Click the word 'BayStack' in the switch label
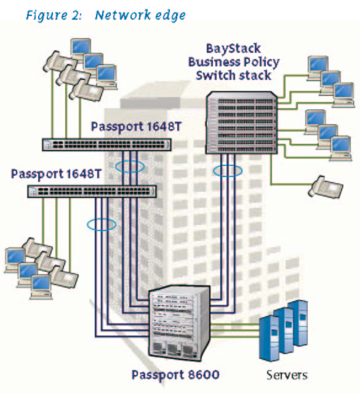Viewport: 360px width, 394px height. pyautogui.click(x=233, y=49)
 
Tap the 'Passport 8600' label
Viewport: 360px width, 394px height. pyautogui.click(x=175, y=375)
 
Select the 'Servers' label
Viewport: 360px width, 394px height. pyautogui.click(x=287, y=375)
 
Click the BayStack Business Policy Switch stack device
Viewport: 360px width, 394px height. pyautogui.click(x=242, y=122)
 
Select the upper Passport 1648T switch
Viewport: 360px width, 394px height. pyautogui.click(x=106, y=144)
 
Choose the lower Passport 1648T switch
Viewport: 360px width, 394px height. pyautogui.click(x=92, y=192)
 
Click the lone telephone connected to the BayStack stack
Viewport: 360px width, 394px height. pyautogui.click(x=326, y=187)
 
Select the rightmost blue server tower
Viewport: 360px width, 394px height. pyautogui.click(x=298, y=323)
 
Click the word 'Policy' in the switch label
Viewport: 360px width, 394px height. pyautogui.click(x=262, y=62)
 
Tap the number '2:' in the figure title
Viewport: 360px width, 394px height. pyautogui.click(x=76, y=15)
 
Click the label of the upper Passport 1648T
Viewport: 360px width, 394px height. pyautogui.click(x=136, y=127)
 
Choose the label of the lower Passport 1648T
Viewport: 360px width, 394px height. pyautogui.click(x=56, y=174)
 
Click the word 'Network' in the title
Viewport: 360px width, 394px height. pyautogui.click(x=123, y=15)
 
